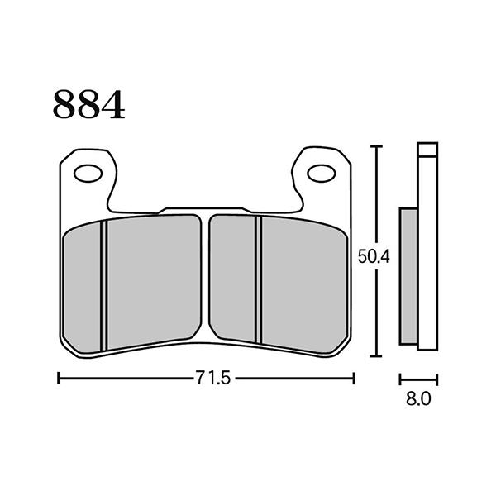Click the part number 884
coord(89,105)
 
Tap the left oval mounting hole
coord(87,174)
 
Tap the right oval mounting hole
coord(320,174)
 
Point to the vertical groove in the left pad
coord(104,285)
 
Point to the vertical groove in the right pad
coord(257,285)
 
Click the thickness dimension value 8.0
coord(418,399)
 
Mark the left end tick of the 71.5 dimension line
coord(59,378)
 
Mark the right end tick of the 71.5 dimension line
coord(354,378)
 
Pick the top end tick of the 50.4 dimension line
coord(377,147)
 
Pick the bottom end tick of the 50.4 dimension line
coord(377,356)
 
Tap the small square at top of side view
coord(427,151)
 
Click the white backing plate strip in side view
coord(427,265)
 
